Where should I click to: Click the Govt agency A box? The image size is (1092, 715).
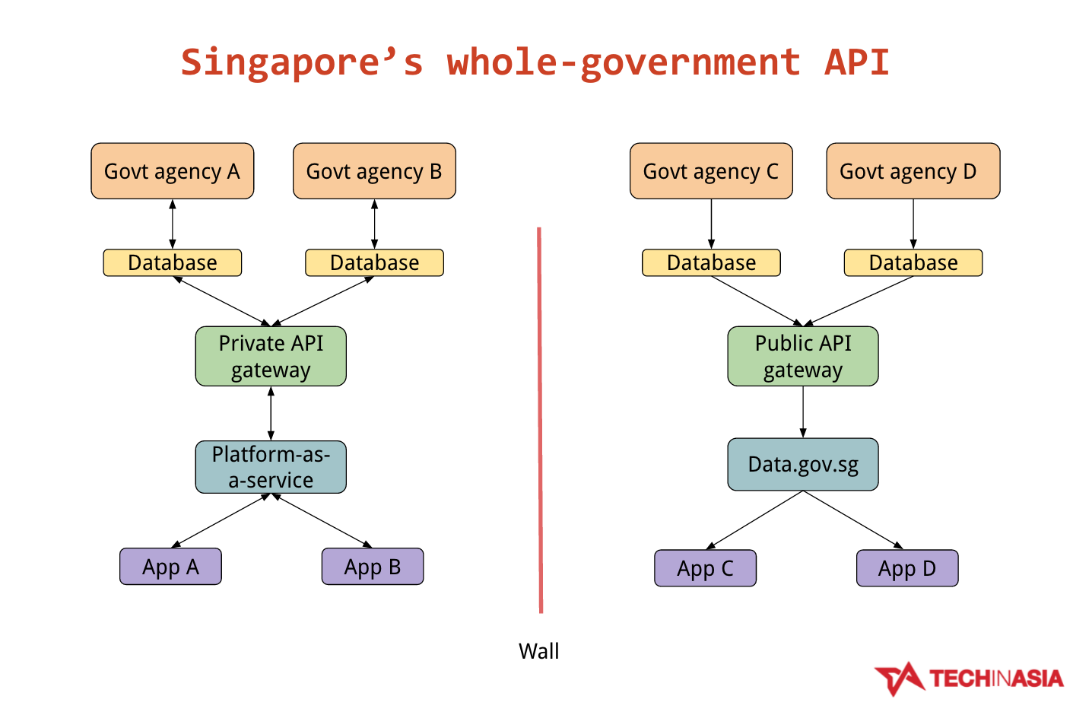tap(172, 171)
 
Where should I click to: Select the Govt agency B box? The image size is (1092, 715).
tap(374, 171)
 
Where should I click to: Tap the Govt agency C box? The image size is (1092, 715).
tap(711, 171)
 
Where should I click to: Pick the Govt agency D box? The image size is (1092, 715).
tap(913, 171)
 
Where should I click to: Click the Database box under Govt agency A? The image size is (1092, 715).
tap(172, 262)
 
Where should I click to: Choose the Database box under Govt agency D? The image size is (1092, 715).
tap(913, 262)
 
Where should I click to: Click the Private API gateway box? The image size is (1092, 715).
tap(271, 356)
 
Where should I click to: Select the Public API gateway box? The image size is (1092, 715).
tap(802, 356)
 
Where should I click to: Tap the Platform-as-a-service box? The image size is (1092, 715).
tap(271, 467)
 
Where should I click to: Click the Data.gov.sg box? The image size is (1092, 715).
tap(802, 464)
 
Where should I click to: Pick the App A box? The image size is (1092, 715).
tap(170, 567)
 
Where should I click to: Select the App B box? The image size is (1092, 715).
tap(372, 567)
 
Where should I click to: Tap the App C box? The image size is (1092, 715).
tap(705, 568)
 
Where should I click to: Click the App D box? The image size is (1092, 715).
tap(906, 568)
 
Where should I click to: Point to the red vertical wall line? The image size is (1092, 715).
tap(540, 418)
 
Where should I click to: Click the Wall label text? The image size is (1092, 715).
tap(538, 651)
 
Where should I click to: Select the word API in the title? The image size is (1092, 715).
tap(856, 62)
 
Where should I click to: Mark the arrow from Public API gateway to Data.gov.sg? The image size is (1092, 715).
tap(803, 412)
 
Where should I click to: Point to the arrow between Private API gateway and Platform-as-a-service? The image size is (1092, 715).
tap(271, 413)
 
